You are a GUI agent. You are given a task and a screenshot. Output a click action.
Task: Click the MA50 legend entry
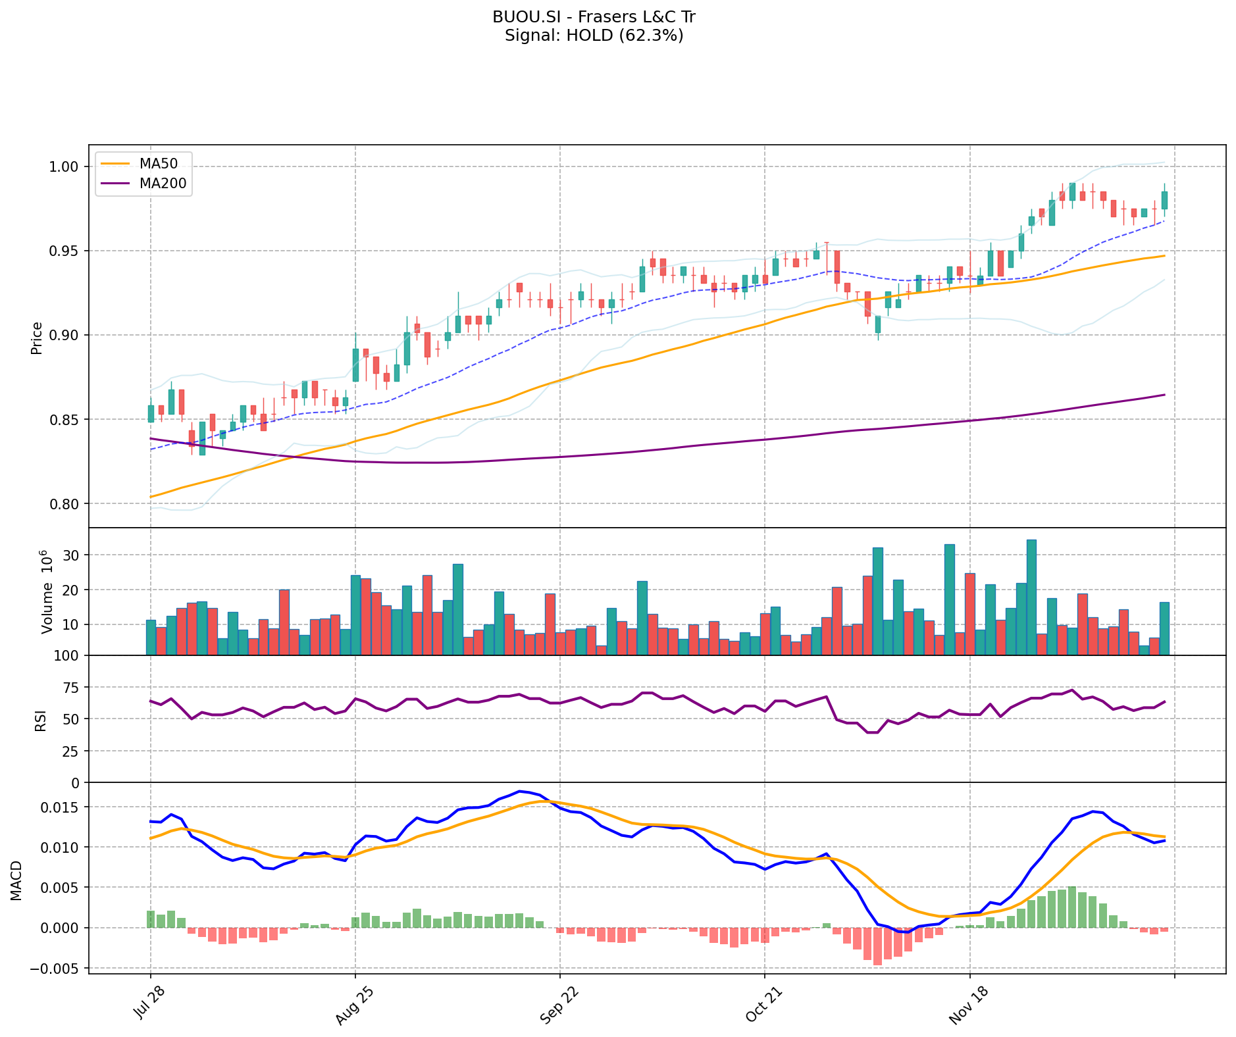[157, 163]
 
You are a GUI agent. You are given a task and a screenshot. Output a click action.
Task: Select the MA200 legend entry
[163, 184]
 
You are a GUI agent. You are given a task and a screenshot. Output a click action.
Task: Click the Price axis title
[37, 338]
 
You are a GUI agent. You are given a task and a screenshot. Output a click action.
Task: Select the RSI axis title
[41, 721]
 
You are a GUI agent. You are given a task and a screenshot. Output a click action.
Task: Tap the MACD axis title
[16, 880]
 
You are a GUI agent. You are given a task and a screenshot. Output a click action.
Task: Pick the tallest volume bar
[1031, 597]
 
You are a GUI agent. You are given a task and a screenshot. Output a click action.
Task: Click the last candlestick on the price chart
[1164, 200]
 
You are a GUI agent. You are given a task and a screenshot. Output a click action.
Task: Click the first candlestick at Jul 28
[151, 413]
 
